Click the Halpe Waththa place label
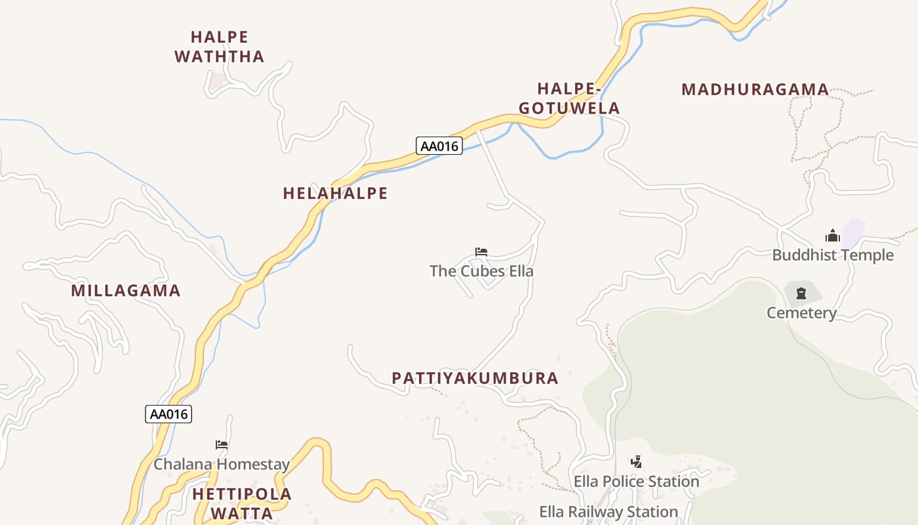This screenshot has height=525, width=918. tap(220, 47)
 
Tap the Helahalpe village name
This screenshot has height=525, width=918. tap(335, 193)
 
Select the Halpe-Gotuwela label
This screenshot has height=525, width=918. tap(569, 98)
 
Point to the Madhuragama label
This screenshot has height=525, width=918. tap(755, 89)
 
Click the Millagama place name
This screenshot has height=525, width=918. tap(125, 290)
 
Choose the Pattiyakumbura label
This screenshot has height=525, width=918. tap(475, 378)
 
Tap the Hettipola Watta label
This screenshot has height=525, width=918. tap(242, 503)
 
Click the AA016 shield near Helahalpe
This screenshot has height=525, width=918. tap(439, 146)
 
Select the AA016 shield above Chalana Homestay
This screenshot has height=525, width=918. tap(169, 414)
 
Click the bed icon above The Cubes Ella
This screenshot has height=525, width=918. tap(481, 252)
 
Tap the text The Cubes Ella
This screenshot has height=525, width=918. tap(481, 271)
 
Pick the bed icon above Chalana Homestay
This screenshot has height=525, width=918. tap(222, 445)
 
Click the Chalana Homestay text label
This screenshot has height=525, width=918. tap(222, 465)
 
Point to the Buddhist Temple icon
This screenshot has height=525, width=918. tap(833, 236)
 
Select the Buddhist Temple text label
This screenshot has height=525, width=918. tap(833, 255)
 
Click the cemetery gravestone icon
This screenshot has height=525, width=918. tap(801, 293)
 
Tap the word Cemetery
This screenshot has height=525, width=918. tap(801, 313)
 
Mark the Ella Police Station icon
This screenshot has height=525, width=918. tap(636, 461)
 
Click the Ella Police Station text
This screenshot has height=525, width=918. tap(636, 482)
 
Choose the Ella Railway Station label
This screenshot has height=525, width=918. tap(609, 512)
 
